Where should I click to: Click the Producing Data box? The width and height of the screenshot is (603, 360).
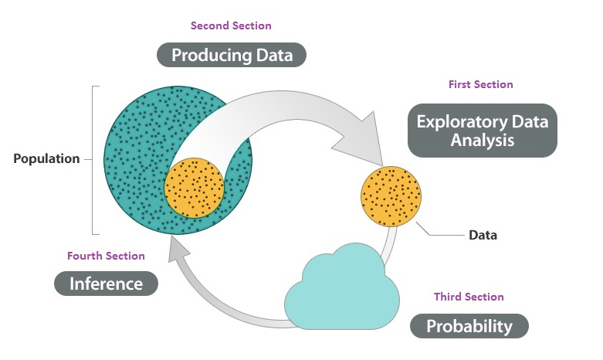(x=232, y=55)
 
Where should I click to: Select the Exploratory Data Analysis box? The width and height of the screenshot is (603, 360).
(x=482, y=131)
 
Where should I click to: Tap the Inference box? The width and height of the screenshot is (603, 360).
(x=106, y=284)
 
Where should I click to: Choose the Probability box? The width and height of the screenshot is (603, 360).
(x=469, y=326)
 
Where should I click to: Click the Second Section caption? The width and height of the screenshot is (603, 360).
(x=231, y=25)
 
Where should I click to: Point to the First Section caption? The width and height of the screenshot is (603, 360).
(x=480, y=84)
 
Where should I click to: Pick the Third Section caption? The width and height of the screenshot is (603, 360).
(x=469, y=297)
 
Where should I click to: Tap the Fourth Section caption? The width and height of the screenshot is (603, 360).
(x=106, y=256)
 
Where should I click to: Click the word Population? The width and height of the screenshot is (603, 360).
(x=46, y=159)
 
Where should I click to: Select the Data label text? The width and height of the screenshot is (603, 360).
(x=483, y=235)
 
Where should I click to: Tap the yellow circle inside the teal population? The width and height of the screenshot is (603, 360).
(x=195, y=187)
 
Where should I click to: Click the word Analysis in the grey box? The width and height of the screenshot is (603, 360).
(x=482, y=141)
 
